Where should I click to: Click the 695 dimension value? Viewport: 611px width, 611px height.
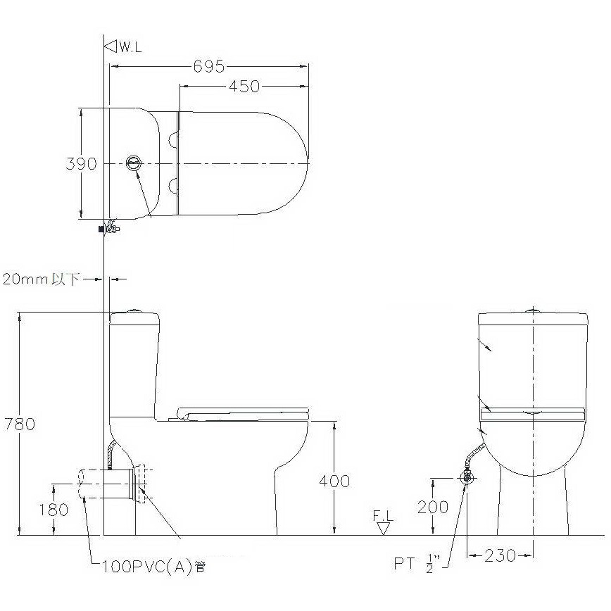point(209,66)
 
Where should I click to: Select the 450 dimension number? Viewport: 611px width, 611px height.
point(244,86)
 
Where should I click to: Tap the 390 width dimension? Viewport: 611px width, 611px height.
point(81,163)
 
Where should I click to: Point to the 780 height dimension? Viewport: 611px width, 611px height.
point(20,424)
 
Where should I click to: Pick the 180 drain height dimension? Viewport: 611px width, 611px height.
point(53,510)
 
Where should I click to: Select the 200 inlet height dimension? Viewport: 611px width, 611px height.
point(433,507)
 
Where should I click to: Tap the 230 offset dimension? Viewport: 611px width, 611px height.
point(500,555)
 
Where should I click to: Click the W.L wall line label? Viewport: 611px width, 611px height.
point(130,47)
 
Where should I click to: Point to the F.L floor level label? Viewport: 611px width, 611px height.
point(383,516)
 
